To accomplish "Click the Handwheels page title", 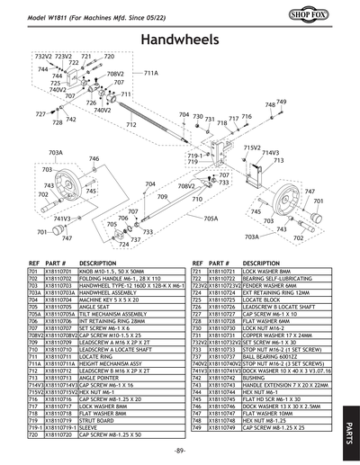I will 180,40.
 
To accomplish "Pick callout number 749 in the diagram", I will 282,103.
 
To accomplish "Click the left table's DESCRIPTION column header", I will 98,261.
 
